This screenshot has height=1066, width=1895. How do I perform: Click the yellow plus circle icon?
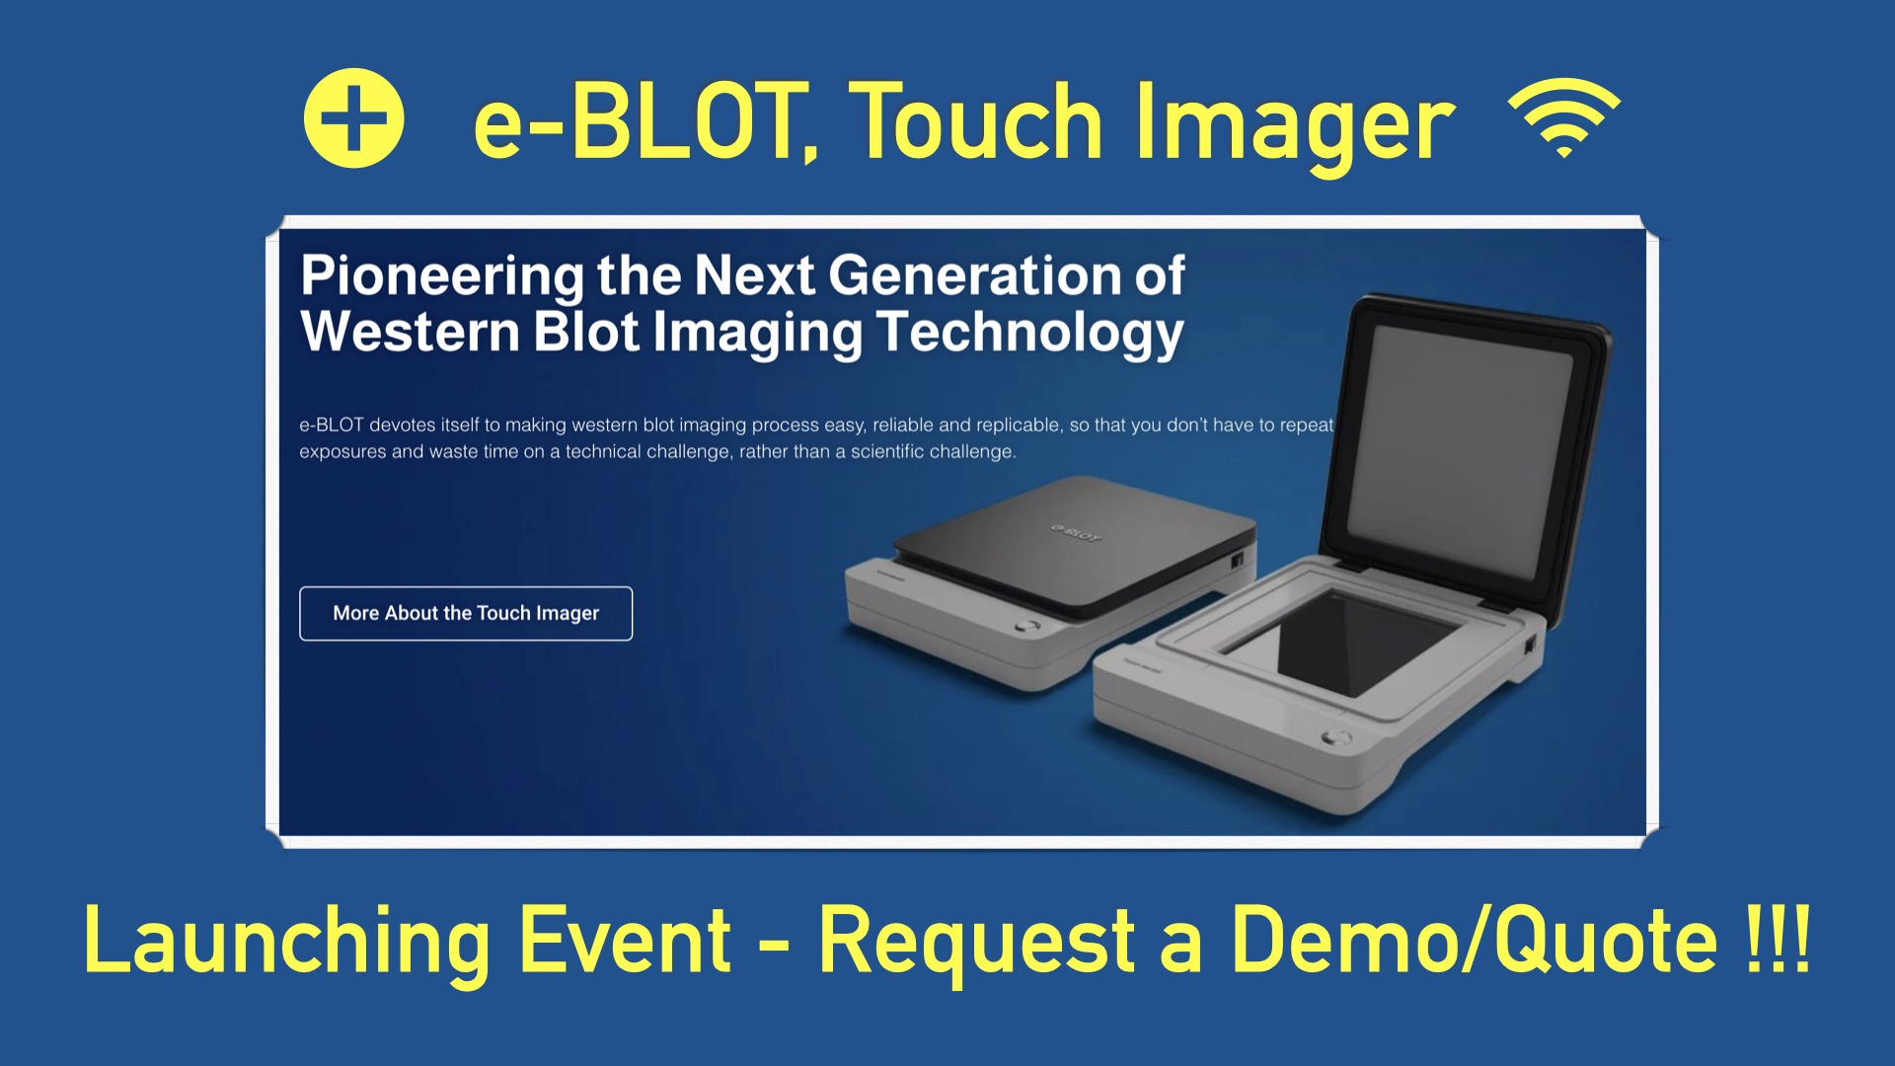[x=353, y=118]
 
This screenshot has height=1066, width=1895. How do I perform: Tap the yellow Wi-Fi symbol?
[x=1564, y=116]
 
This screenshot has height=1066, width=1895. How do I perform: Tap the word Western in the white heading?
[x=411, y=332]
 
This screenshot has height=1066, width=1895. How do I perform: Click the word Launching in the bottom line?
[x=286, y=942]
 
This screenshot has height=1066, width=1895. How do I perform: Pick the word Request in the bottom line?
[x=977, y=942]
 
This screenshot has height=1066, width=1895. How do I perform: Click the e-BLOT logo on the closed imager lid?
[x=1075, y=534]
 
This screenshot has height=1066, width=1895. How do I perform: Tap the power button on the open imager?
[x=1337, y=737]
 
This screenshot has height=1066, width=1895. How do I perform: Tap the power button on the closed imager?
[x=1027, y=626]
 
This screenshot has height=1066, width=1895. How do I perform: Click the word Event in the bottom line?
[x=625, y=942]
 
